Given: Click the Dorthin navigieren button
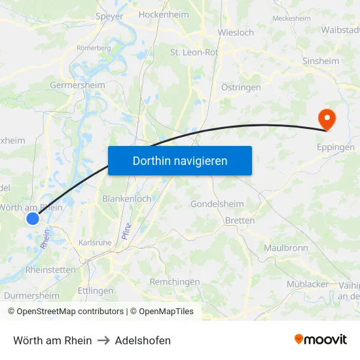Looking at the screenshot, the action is tap(180, 160).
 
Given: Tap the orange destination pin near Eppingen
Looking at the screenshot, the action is tap(325, 118).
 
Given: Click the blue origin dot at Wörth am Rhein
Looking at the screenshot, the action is tap(33, 219).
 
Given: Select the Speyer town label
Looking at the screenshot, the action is tap(109, 16).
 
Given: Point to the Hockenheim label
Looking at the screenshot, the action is tap(164, 14).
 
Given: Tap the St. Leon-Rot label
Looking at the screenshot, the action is tap(194, 52).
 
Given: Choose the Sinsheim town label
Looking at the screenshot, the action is tap(321, 61).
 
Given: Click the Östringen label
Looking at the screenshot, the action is tap(241, 87).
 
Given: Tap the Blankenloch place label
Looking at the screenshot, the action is tap(127, 198).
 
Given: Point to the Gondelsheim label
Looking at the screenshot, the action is tap(217, 204).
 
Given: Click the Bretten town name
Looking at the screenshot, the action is tap(240, 221).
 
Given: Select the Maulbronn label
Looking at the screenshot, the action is tap(286, 248).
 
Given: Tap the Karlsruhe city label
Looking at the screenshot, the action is tap(96, 242).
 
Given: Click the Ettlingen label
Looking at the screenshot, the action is tap(96, 291).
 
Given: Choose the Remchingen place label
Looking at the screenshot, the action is tap(175, 281).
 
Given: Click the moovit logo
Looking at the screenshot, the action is tap(320, 339).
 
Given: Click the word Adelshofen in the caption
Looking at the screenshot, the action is tap(143, 340).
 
